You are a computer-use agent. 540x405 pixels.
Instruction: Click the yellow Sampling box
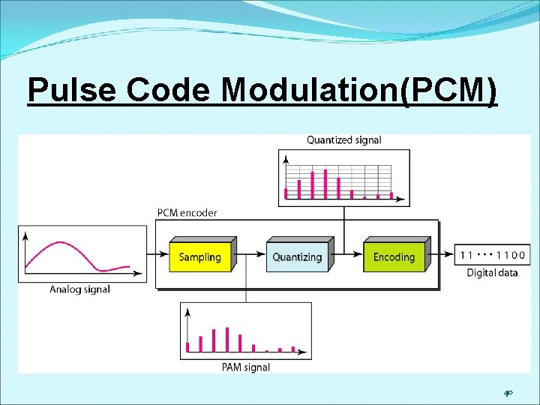[200, 257]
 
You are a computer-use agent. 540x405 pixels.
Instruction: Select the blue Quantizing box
[297, 257]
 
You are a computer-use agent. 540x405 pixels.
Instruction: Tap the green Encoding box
[394, 257]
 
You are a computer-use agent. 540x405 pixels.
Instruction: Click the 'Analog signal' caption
[79, 289]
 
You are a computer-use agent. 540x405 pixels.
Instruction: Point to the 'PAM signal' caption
[246, 367]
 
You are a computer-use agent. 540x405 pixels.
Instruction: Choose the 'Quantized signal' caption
[344, 139]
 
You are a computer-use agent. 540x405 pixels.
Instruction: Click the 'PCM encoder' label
[187, 212]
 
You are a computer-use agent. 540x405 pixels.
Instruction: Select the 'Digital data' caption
[492, 272]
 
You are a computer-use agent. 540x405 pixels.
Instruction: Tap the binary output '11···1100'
[492, 255]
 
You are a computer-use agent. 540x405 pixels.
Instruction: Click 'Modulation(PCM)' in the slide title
[358, 90]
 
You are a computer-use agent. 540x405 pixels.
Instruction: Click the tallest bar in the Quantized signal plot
[325, 184]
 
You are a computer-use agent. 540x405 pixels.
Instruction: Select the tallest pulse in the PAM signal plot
[226, 339]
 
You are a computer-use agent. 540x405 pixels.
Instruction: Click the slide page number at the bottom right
[508, 392]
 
